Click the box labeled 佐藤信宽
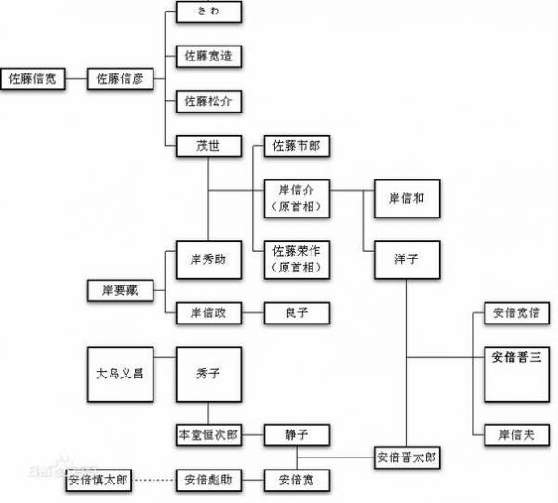tap(33, 79)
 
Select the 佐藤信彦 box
tap(120, 79)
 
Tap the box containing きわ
tap(208, 13)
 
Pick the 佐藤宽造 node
tap(208, 56)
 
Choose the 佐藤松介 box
tap(208, 100)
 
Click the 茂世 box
tap(208, 146)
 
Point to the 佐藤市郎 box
tap(297, 146)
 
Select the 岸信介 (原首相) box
tap(297, 197)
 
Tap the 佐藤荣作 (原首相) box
tap(297, 258)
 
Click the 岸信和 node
tap(406, 197)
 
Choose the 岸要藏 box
tap(120, 291)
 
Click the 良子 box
tap(297, 313)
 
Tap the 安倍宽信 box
tap(516, 313)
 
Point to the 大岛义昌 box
tap(120, 374)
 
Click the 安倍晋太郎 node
tap(406, 457)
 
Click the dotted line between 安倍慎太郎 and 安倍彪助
tap(165, 481)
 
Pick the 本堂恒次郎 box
tap(208, 434)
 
